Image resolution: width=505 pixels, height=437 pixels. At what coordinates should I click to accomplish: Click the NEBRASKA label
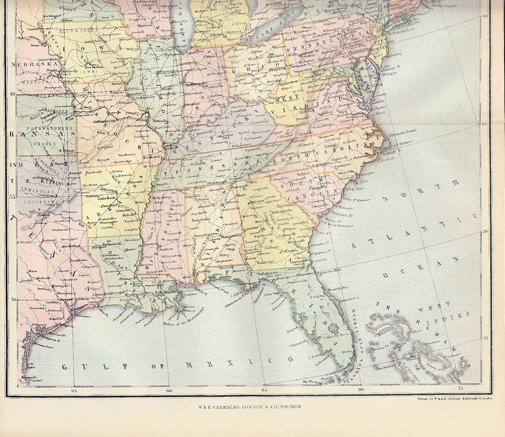click(34, 65)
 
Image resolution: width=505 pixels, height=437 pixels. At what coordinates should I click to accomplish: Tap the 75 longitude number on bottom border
click(461, 389)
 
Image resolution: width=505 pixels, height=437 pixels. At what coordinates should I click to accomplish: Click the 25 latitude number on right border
click(485, 337)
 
